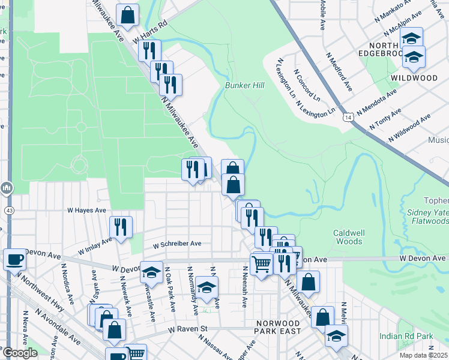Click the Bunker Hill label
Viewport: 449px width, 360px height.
[x=244, y=86]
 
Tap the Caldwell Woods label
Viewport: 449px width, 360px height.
[x=348, y=237]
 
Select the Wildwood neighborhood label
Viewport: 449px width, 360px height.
[x=414, y=78]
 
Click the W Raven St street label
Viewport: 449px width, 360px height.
[x=187, y=329]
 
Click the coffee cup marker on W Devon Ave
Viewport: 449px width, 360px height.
[x=14, y=260]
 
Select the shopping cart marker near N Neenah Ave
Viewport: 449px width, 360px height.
[x=261, y=263]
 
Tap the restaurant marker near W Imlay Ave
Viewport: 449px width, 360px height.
[x=121, y=227]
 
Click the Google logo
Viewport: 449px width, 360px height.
[x=20, y=353]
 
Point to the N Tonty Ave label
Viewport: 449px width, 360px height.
[x=385, y=121]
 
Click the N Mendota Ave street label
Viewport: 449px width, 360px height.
[x=376, y=103]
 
